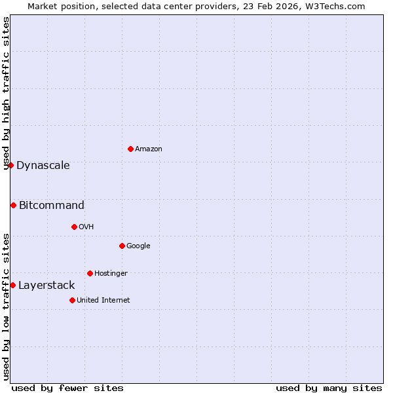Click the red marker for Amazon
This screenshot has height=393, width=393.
point(130,149)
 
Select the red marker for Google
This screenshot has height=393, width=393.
point(122,246)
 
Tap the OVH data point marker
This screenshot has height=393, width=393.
point(74,227)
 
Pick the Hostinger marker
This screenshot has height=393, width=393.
point(90,273)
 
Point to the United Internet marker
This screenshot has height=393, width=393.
point(72,300)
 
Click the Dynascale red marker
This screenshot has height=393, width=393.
point(10,165)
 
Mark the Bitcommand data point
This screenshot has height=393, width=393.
point(13,205)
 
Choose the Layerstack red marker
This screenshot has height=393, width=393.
point(12,285)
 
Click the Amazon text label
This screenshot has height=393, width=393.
point(149,149)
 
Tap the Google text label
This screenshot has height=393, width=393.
point(138,246)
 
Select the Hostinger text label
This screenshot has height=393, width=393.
point(111,273)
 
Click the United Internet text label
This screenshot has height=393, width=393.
point(103,300)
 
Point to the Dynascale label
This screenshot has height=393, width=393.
point(43,165)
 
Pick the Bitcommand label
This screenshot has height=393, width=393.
point(52,205)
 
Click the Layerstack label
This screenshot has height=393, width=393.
point(47,285)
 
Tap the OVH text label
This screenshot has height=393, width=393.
point(86,227)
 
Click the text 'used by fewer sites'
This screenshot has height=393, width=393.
point(67,388)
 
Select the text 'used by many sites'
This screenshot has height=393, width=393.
point(329,388)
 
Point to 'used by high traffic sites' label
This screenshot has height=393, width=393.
point(6,93)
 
